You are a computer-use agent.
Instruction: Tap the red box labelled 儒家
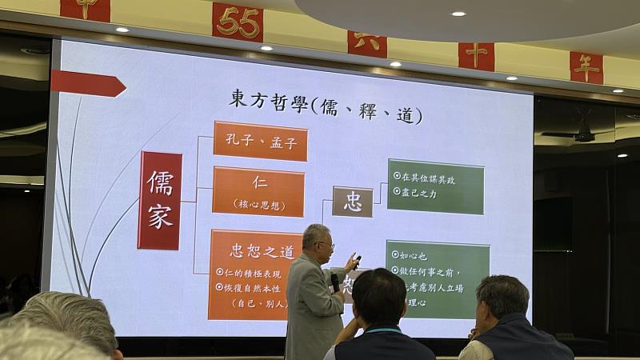tap(159, 200)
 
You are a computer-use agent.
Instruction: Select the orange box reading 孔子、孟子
tap(260, 142)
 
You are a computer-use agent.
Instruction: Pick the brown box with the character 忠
tap(353, 202)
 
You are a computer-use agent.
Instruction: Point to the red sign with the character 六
tap(367, 42)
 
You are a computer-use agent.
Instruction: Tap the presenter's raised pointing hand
tap(350, 262)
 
